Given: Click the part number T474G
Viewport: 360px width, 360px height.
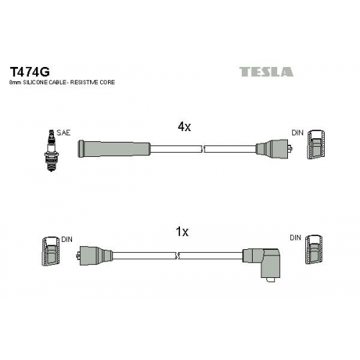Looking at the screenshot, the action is click(x=30, y=71).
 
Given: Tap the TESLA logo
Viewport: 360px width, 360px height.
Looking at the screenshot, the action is click(x=266, y=72).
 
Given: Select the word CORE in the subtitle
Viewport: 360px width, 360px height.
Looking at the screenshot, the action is click(x=107, y=82).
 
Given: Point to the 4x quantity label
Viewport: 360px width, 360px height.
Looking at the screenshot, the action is click(x=184, y=127).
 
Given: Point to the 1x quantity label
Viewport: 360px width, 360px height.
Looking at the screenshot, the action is click(x=182, y=232).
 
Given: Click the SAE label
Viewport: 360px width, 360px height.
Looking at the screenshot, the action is click(x=63, y=132).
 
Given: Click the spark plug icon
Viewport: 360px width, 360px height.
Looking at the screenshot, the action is click(x=51, y=150).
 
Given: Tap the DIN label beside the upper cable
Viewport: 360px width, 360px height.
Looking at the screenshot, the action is click(x=297, y=132).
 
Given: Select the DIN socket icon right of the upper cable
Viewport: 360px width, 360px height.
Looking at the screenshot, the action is click(x=316, y=145).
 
